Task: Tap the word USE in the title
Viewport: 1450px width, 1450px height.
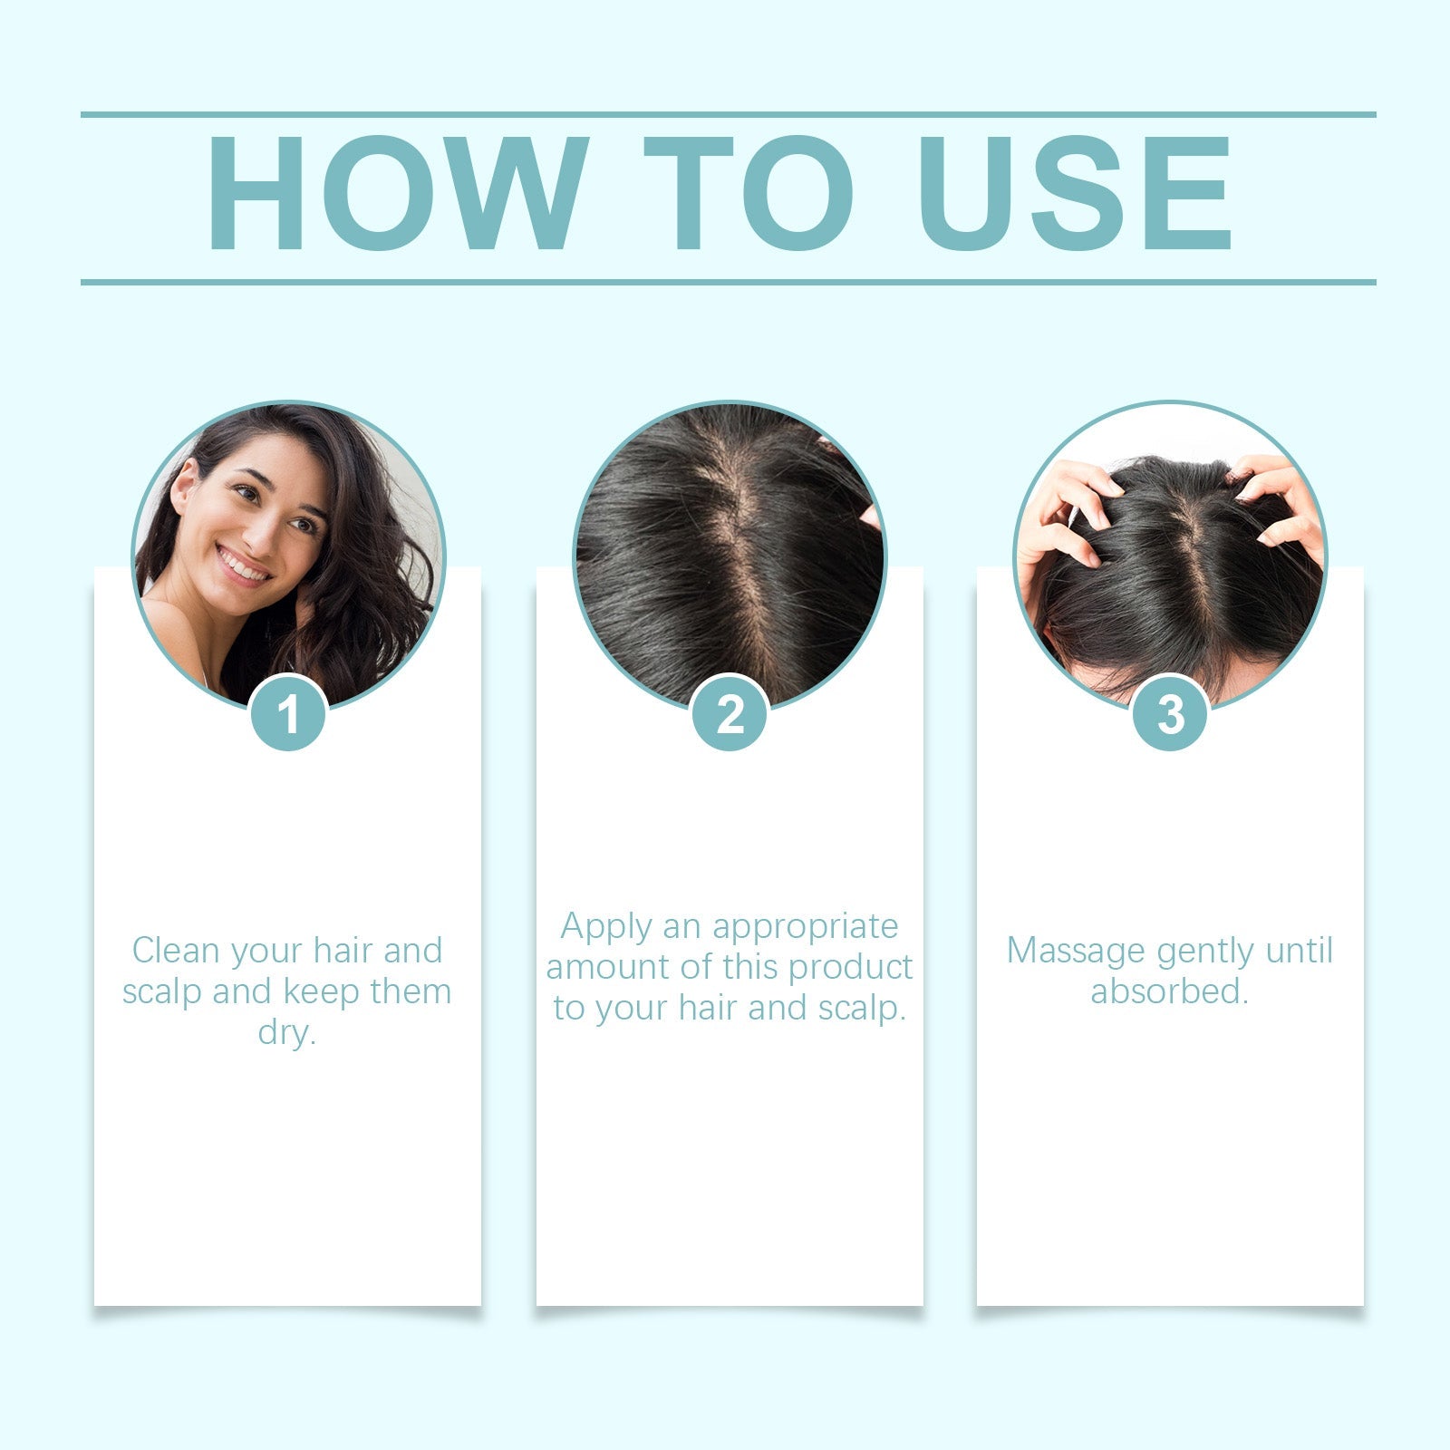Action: pyautogui.click(x=1076, y=193)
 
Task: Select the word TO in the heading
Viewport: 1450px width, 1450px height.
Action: pyautogui.click(x=749, y=193)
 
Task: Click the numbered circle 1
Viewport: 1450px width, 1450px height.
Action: pyautogui.click(x=288, y=713)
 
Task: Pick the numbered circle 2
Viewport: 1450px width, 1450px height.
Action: pyautogui.click(x=730, y=713)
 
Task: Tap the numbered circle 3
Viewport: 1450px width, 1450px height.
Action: pyautogui.click(x=1170, y=713)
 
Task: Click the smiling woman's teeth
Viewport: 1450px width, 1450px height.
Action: pyautogui.click(x=243, y=565)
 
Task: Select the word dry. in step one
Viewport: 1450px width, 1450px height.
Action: pyautogui.click(x=287, y=1032)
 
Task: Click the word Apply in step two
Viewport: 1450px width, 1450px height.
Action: pyautogui.click(x=605, y=927)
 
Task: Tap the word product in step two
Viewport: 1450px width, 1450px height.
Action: pyautogui.click(x=856, y=967)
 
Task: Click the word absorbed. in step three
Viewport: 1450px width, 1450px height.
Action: pyautogui.click(x=1170, y=991)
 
